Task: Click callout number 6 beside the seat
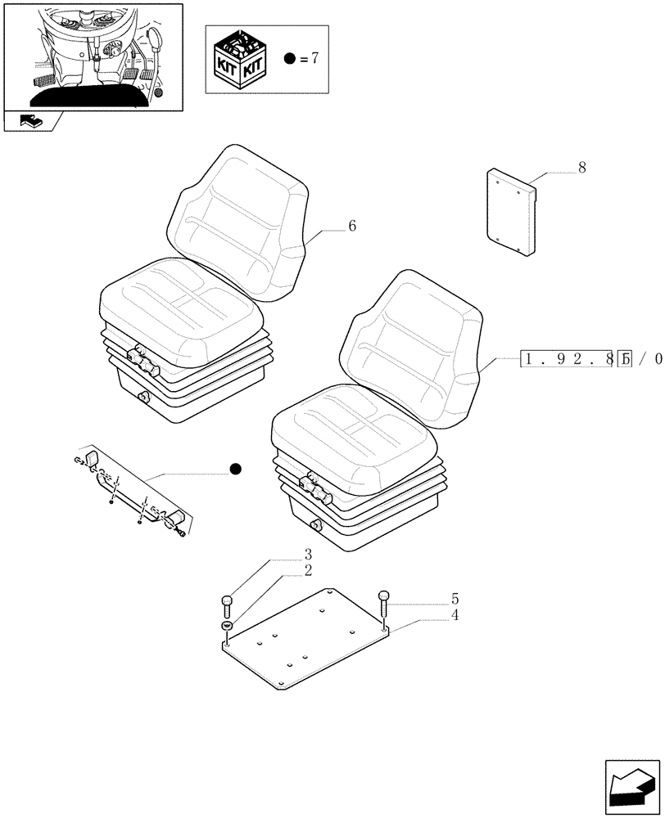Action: pyautogui.click(x=351, y=226)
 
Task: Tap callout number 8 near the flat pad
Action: pyautogui.click(x=582, y=168)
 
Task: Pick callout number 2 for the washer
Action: pyautogui.click(x=308, y=571)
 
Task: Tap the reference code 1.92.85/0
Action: pyautogui.click(x=590, y=357)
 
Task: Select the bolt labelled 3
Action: pyautogui.click(x=228, y=606)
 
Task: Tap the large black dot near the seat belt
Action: pyautogui.click(x=236, y=469)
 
